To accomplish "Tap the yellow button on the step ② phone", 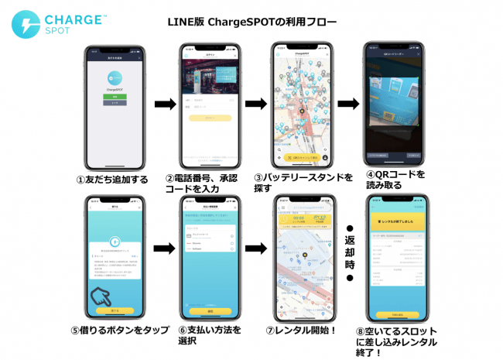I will tap(208, 118).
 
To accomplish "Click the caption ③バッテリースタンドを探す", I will tap(303, 183).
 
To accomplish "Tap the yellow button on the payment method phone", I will tap(208, 310).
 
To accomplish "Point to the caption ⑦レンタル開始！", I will tap(303, 331).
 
